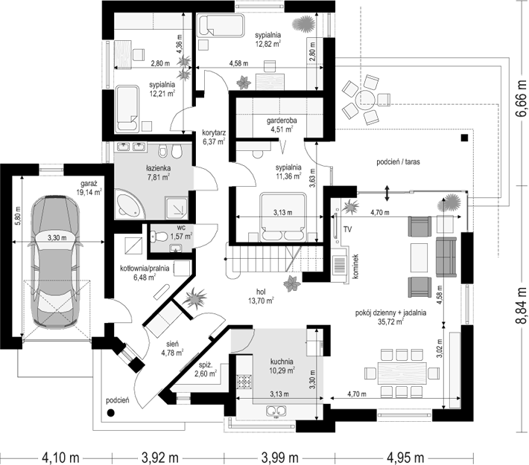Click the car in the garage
point(56,260)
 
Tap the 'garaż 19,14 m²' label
point(89,188)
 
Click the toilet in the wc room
point(159,237)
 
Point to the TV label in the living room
point(347,229)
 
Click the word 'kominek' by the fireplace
point(355,266)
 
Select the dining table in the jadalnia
point(402,373)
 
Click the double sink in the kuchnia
point(276,411)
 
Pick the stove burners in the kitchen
point(245,382)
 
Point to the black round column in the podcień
point(110,412)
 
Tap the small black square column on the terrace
point(465,138)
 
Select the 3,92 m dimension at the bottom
point(159,458)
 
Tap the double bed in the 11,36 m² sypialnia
point(283,217)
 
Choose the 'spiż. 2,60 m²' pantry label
point(207,369)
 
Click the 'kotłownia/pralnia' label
point(145,269)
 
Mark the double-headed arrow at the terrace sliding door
point(387,193)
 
